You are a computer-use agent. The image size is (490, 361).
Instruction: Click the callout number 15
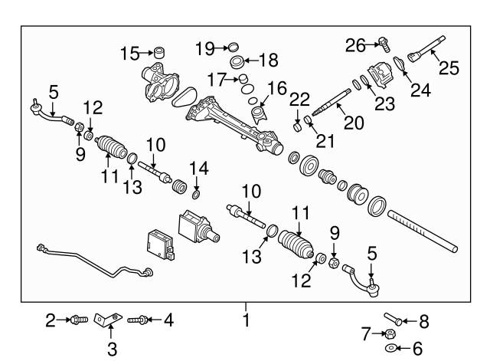click(x=130, y=53)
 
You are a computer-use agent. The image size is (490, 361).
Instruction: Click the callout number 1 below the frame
click(x=247, y=321)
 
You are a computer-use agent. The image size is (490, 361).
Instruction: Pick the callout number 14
click(x=198, y=167)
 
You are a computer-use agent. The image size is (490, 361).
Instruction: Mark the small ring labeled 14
click(x=197, y=184)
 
